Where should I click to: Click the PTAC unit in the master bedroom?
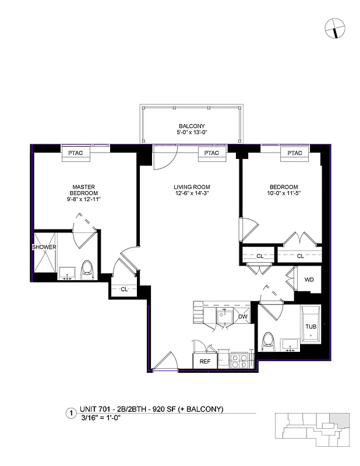click(x=75, y=153)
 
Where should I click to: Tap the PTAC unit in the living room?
click(x=211, y=153)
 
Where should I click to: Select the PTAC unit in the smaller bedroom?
click(x=294, y=153)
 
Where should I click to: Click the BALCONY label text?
click(x=191, y=126)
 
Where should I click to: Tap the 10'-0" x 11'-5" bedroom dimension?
click(x=284, y=193)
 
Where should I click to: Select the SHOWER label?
click(x=44, y=247)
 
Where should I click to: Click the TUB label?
click(x=311, y=327)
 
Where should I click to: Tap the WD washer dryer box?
click(x=309, y=280)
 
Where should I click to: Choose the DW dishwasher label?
click(x=243, y=317)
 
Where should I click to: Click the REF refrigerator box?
click(x=204, y=361)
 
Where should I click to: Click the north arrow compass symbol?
click(x=335, y=27)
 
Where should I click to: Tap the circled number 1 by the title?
click(x=70, y=414)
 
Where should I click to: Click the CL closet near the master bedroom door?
click(x=125, y=289)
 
